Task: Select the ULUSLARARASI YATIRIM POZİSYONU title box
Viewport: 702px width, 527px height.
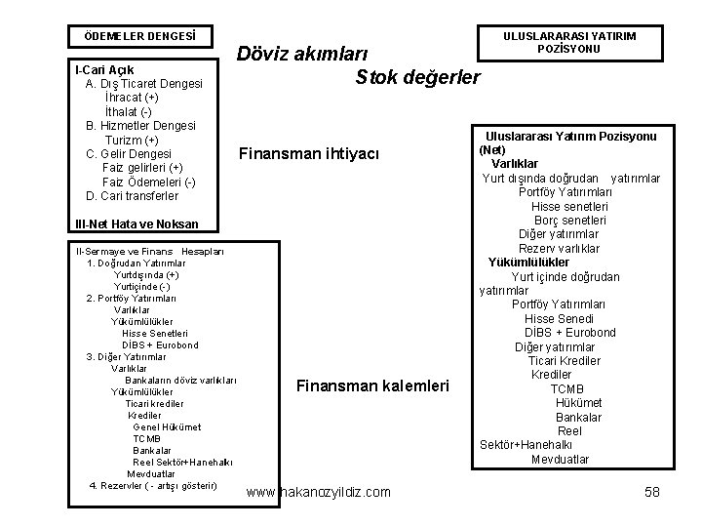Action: tap(569, 42)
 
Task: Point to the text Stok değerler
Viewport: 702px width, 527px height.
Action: tap(418, 77)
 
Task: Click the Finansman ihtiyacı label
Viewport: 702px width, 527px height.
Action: tap(315, 154)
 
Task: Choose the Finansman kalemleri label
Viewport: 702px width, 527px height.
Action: tap(372, 386)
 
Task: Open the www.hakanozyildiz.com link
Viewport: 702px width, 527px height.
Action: tap(319, 492)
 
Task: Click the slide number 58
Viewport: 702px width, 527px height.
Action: tap(652, 492)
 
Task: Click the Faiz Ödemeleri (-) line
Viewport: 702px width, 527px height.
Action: tap(149, 182)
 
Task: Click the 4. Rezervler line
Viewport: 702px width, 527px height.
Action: tap(153, 485)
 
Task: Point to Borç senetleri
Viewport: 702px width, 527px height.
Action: tap(570, 221)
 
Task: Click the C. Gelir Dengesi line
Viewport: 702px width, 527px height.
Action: tap(129, 154)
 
